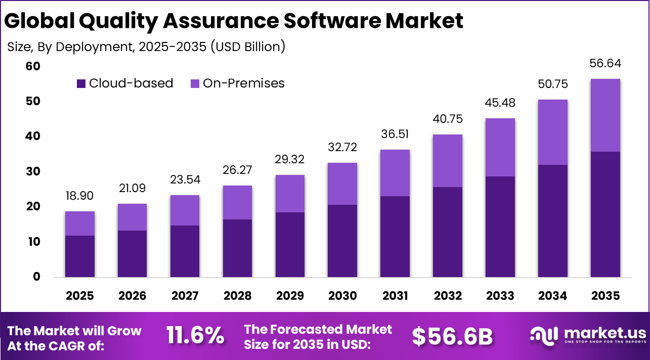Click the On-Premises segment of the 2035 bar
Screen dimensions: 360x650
(605, 115)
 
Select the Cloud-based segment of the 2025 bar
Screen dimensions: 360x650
(80, 256)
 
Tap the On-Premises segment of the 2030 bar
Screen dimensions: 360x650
(342, 184)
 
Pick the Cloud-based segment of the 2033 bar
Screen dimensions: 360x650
(500, 227)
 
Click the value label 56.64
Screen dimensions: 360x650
(605, 64)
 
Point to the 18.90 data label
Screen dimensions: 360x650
(80, 196)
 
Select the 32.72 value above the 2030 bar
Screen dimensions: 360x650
(342, 148)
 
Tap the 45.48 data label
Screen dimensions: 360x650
(500, 103)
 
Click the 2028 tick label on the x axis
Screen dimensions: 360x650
(237, 296)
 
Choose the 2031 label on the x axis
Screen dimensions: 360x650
(395, 296)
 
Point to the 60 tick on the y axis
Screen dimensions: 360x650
(33, 67)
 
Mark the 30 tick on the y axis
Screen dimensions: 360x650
(33, 172)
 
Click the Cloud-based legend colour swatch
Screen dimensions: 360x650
(81, 83)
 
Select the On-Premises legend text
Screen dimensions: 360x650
(243, 83)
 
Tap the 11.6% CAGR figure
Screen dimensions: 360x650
(195, 336)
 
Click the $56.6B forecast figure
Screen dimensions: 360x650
(452, 336)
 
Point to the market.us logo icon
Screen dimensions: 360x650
(544, 335)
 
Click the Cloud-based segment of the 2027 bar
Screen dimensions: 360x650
(185, 251)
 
